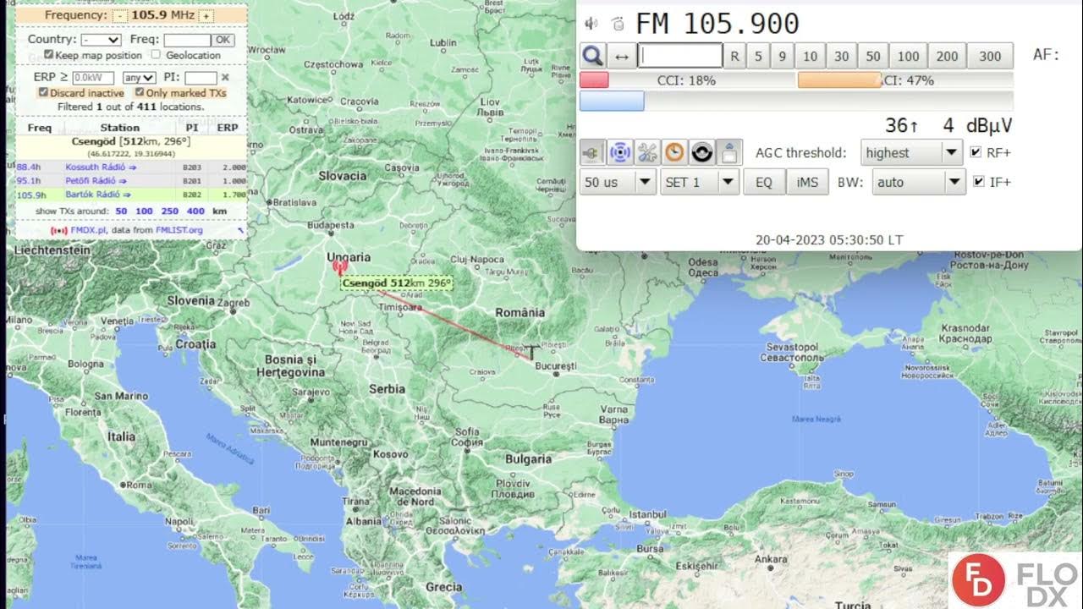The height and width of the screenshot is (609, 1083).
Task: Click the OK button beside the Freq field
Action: [x=223, y=40]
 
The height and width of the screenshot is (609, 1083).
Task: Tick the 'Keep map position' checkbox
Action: [x=48, y=55]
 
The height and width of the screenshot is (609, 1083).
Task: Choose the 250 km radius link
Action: [x=169, y=211]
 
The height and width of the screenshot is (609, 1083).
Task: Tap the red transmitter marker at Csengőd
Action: [x=339, y=268]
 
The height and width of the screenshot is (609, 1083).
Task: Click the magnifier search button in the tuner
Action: [x=593, y=57]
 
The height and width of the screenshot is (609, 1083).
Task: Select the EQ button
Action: [x=764, y=182]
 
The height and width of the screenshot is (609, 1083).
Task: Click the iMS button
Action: [x=807, y=182]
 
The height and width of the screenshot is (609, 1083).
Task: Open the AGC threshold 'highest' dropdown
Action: [x=911, y=153]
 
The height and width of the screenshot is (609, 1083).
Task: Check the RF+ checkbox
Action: [x=976, y=153]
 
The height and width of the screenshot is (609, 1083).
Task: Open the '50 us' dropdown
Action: [x=618, y=182]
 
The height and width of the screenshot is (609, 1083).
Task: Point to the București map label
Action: [x=555, y=366]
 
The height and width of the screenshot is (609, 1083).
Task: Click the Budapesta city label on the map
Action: [x=331, y=226]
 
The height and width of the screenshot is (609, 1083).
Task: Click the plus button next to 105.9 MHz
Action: [x=206, y=15]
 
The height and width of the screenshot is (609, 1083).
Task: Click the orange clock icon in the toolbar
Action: [x=674, y=153]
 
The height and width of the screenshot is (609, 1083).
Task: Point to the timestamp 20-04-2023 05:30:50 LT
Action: [x=829, y=240]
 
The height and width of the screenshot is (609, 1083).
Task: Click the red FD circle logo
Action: [x=978, y=581]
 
